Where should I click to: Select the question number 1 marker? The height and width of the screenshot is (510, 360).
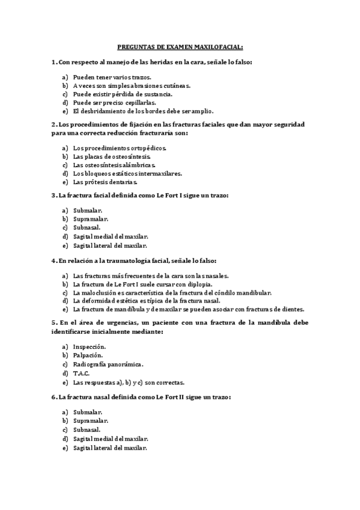pos(54,62)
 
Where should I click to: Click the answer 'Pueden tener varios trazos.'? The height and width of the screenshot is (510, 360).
pos(112,78)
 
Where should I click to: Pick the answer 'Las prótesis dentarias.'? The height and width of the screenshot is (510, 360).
pos(106,182)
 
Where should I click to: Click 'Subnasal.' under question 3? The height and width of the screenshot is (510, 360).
pos(87,228)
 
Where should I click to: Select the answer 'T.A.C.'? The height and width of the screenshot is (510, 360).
pos(81,373)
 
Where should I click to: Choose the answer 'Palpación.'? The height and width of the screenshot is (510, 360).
pos(88,356)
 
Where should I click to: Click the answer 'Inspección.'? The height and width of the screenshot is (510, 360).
pos(90,348)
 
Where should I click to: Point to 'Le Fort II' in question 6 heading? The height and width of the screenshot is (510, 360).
pos(169,398)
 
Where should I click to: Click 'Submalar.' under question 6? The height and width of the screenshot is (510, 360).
pos(88,413)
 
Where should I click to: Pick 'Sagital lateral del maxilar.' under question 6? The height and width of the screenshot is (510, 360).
pos(110,448)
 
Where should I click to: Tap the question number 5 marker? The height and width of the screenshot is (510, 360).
pos(54,322)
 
